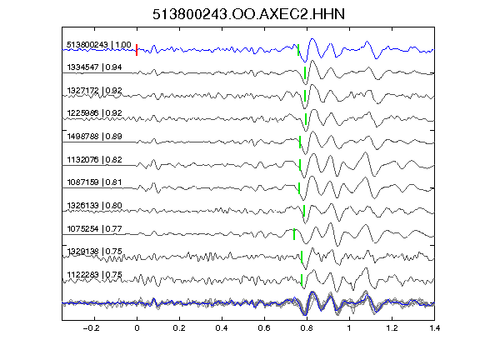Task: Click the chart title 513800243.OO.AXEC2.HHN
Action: (248, 14)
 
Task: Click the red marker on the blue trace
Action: (137, 50)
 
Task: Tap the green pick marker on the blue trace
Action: (298, 50)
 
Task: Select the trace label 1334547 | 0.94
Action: (94, 67)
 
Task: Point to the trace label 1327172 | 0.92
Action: (94, 91)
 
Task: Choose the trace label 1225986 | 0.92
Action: (94, 113)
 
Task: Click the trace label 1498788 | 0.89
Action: (94, 136)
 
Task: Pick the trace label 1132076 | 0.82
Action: (94, 159)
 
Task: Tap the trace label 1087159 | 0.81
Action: (94, 182)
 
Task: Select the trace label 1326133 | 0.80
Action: (94, 205)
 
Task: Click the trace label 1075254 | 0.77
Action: (94, 228)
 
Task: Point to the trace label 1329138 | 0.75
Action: (94, 252)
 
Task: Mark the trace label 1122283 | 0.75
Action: (94, 275)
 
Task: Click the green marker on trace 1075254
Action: (294, 234)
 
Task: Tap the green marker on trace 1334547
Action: (305, 72)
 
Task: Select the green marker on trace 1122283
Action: (302, 280)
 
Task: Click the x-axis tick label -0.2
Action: (91, 328)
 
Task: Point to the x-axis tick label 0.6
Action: (264, 328)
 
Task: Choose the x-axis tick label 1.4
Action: (434, 328)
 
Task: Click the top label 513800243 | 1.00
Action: (99, 45)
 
